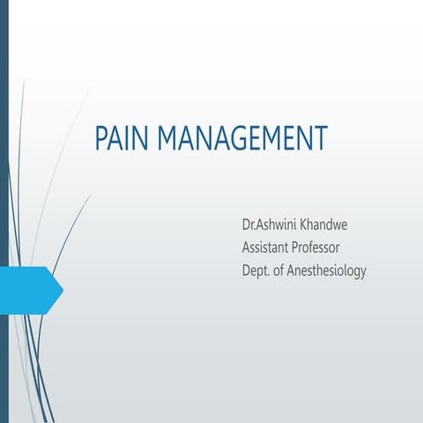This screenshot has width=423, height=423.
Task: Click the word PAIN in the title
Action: pos(120,139)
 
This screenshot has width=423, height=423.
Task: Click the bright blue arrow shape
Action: pos(30,290)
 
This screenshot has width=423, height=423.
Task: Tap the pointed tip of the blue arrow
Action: pos(62,290)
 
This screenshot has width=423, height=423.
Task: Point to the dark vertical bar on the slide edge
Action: pos(4,211)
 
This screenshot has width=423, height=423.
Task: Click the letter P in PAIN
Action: pos(100,139)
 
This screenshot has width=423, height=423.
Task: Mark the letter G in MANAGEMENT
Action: pos(241,139)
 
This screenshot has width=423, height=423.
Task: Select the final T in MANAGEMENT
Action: pos(320,139)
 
